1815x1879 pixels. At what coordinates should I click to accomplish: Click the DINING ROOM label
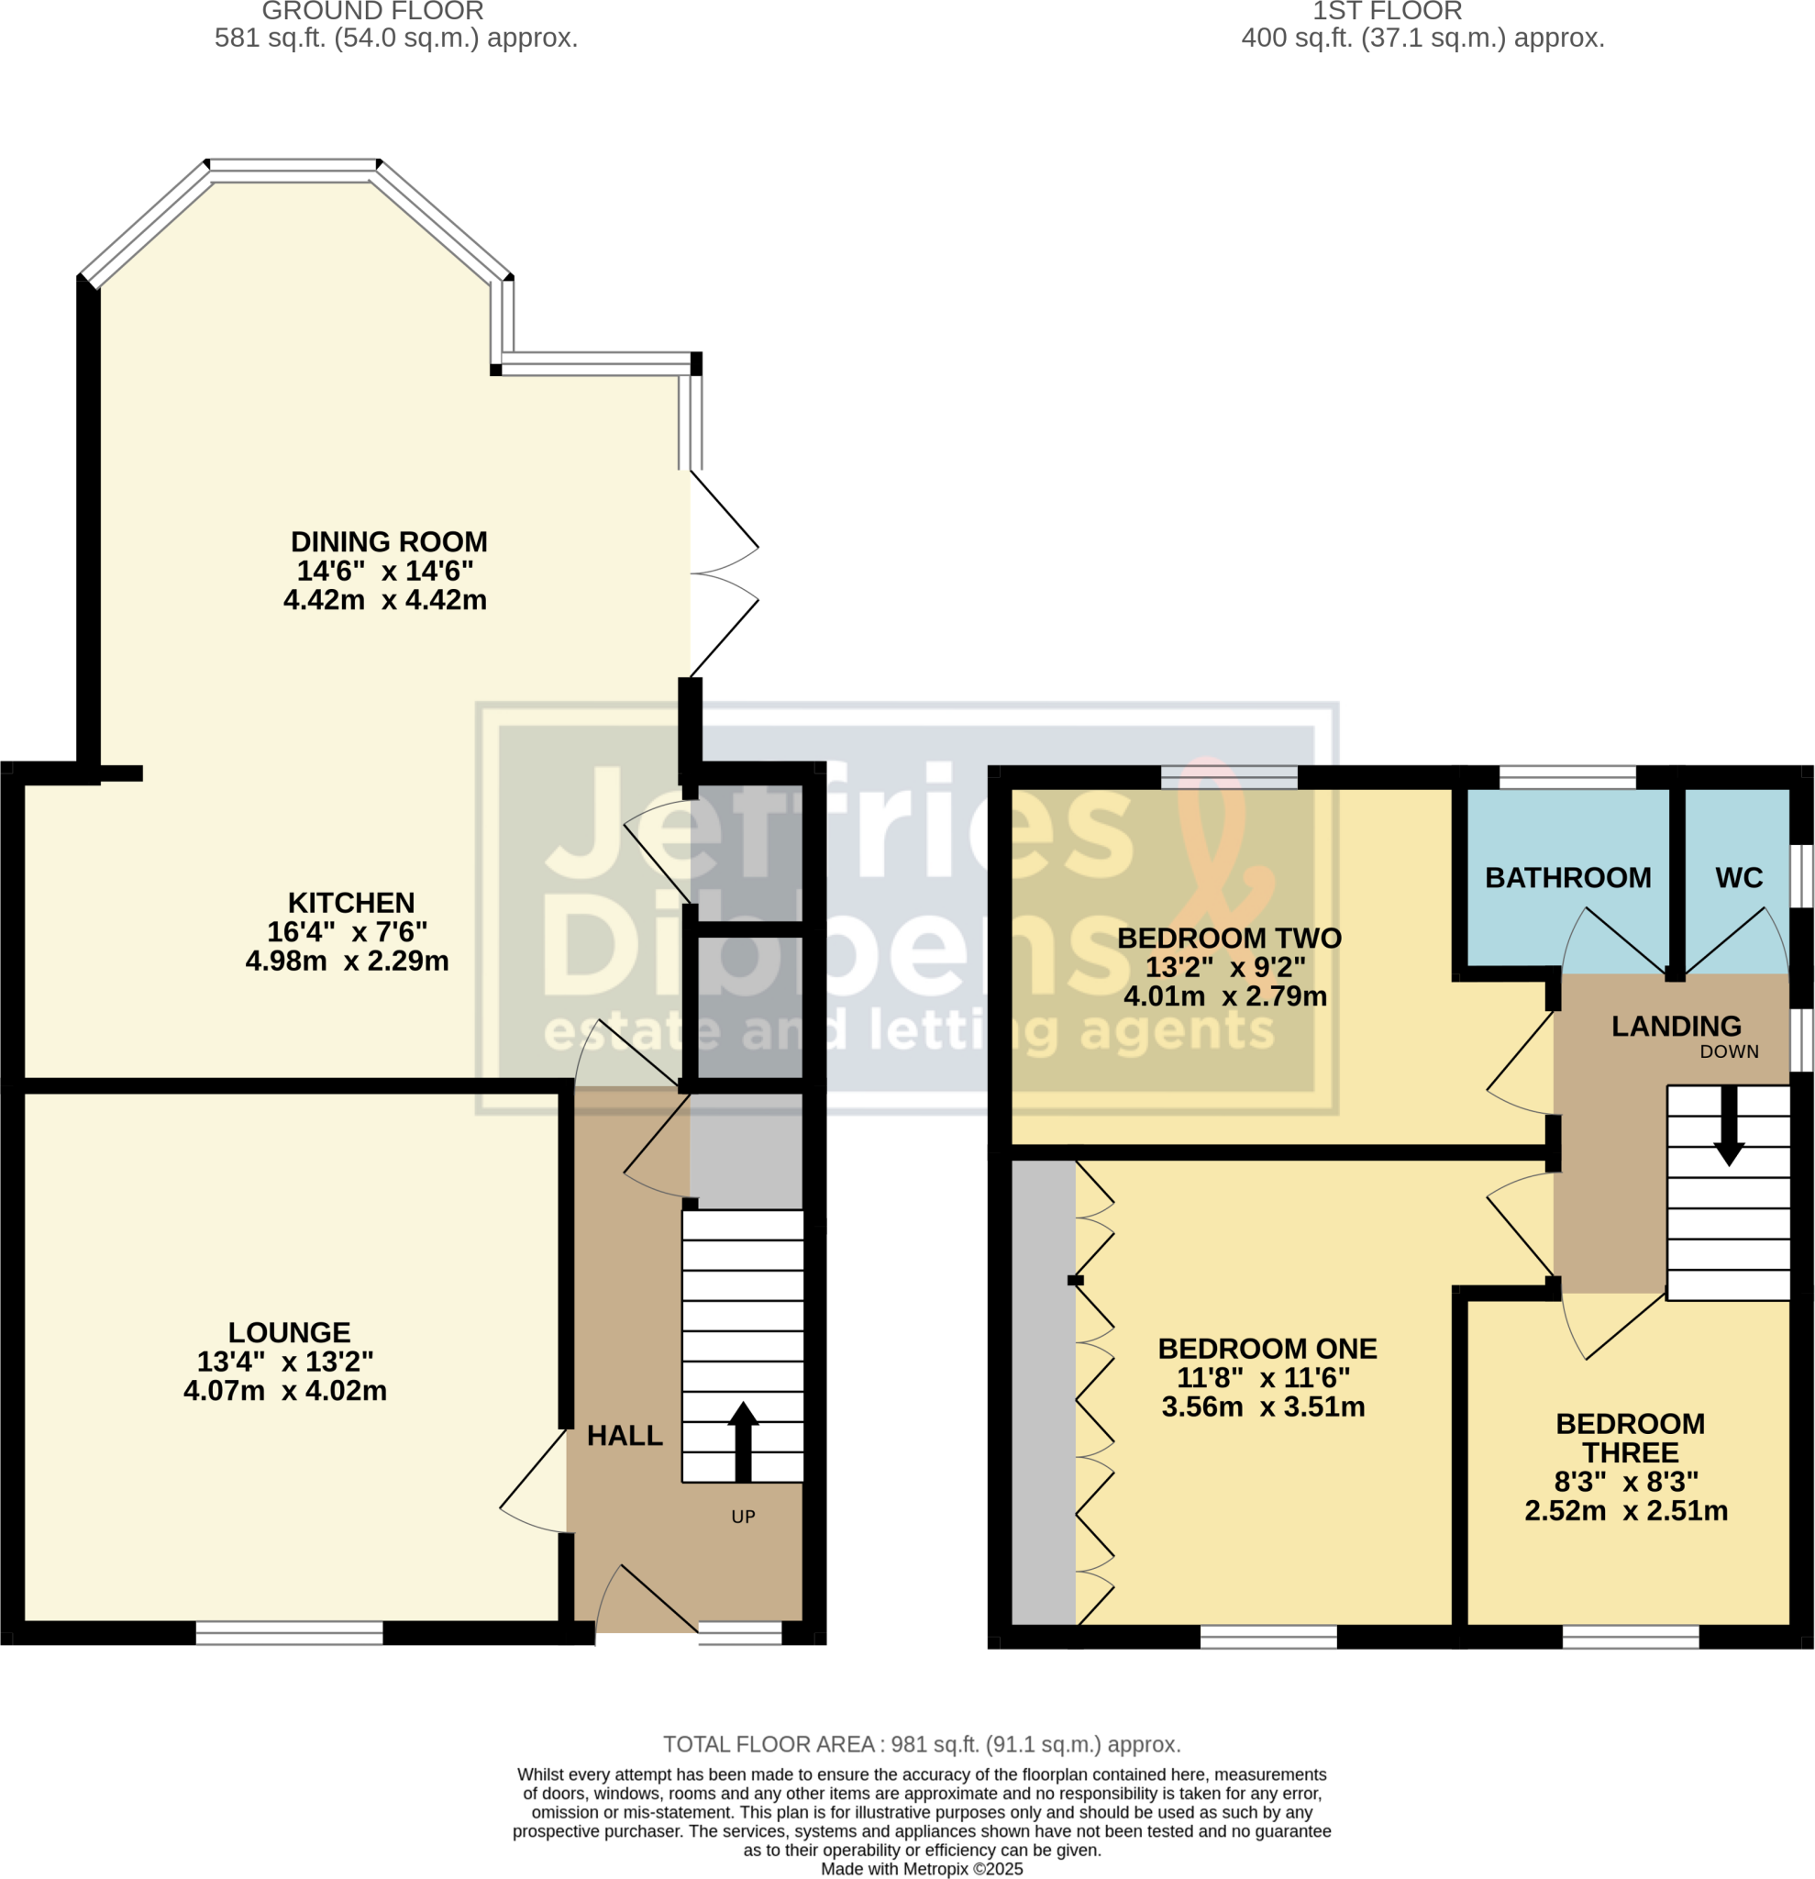tap(389, 541)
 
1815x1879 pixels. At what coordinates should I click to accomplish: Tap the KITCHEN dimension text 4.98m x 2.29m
tap(347, 961)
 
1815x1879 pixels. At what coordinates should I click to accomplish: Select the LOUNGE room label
tap(290, 1332)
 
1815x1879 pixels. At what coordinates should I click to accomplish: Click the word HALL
tap(625, 1435)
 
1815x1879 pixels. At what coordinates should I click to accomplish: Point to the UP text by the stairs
tap(744, 1517)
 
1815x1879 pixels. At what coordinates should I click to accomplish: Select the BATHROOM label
tap(1567, 877)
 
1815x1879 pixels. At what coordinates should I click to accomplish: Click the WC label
tap(1739, 877)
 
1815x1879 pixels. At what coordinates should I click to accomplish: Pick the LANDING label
tap(1676, 1026)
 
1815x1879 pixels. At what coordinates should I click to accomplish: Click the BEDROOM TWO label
tap(1230, 938)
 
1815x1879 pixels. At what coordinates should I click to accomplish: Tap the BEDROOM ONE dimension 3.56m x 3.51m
tap(1263, 1406)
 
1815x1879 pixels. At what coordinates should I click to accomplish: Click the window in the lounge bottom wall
tap(290, 1632)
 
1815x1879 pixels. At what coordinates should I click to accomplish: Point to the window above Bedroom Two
tap(1230, 776)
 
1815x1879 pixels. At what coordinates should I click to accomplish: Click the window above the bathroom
tap(1567, 776)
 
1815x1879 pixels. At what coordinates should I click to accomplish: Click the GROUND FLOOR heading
tap(372, 12)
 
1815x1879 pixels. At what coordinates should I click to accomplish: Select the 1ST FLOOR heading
tap(1387, 12)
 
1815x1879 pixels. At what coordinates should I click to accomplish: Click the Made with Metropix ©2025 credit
tap(922, 1869)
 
